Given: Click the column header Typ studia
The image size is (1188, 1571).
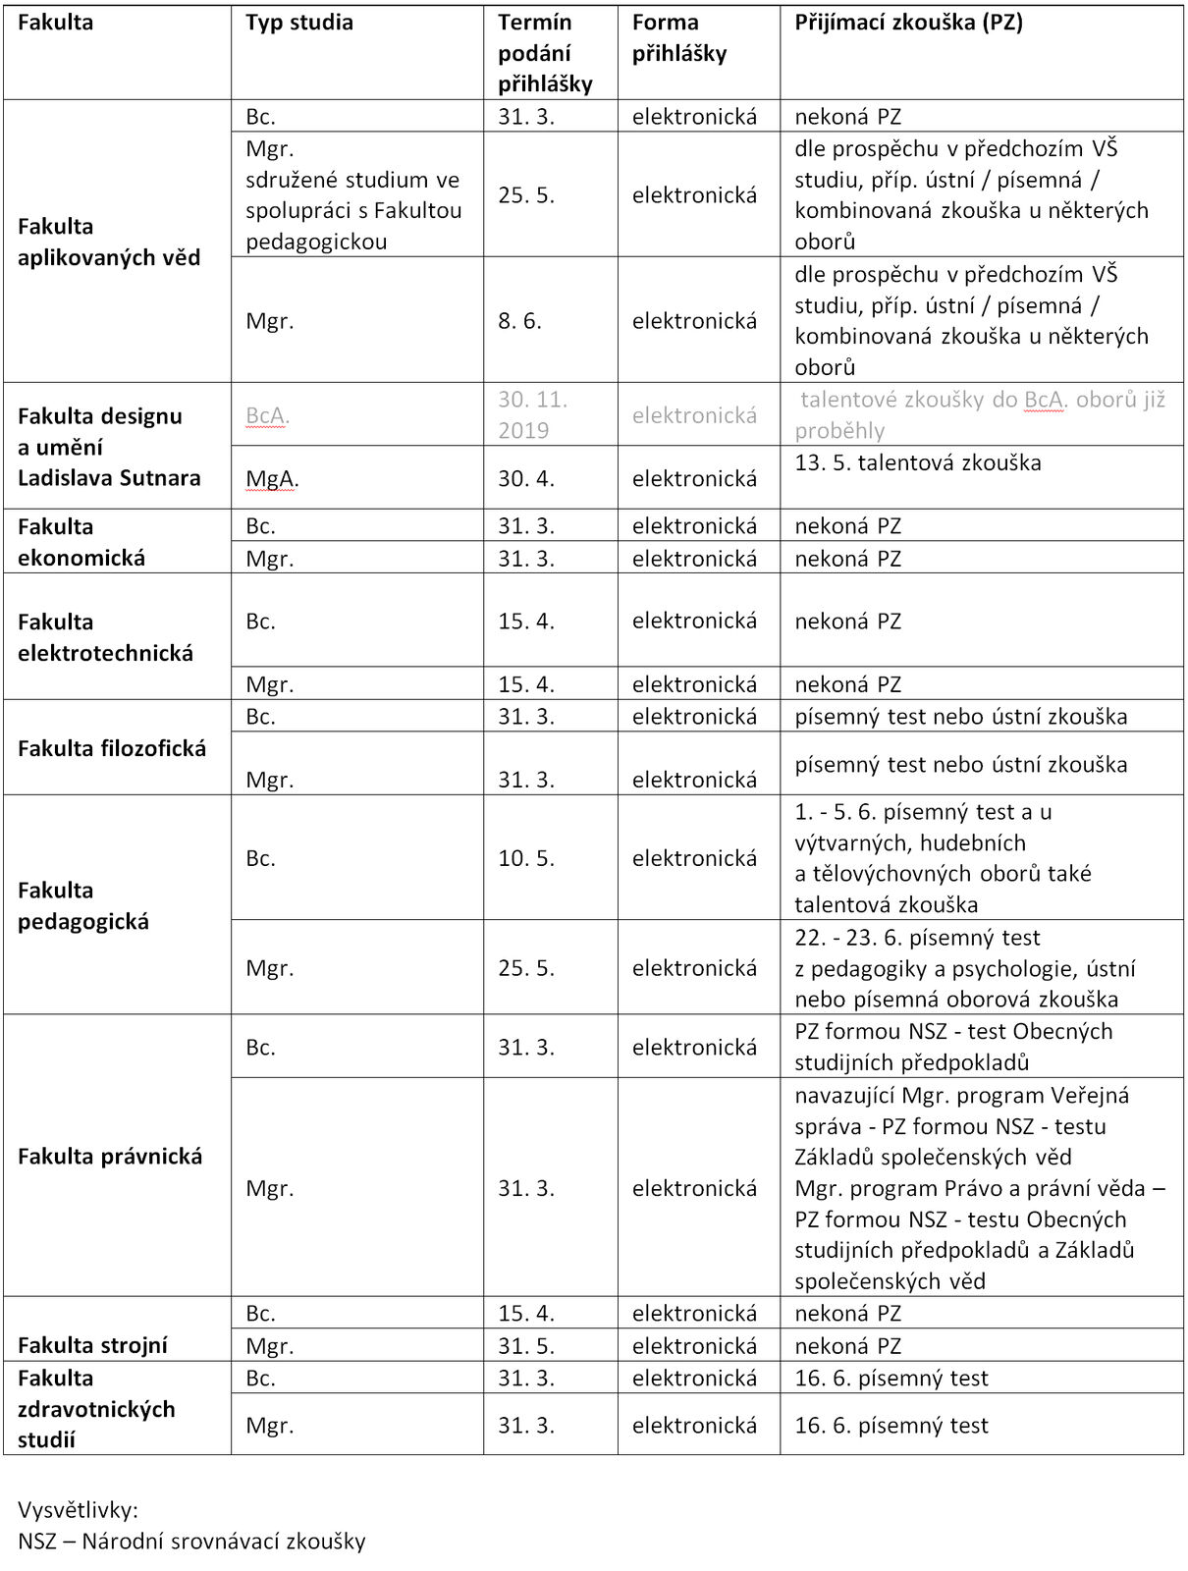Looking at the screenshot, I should (299, 23).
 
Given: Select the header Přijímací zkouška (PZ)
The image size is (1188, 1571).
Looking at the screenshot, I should (908, 23).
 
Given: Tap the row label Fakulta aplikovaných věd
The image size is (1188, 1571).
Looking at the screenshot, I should (109, 242).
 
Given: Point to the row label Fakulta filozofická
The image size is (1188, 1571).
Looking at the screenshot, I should (112, 748).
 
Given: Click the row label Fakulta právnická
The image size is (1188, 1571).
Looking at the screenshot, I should (110, 1156).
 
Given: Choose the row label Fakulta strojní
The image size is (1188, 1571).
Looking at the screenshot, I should (92, 1345).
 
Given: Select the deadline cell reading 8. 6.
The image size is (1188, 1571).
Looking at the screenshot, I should (519, 321).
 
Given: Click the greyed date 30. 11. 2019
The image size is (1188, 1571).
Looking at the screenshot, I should (533, 415).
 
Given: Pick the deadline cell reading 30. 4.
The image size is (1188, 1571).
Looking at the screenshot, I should (526, 479).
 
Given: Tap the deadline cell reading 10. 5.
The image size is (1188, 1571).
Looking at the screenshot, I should (526, 858).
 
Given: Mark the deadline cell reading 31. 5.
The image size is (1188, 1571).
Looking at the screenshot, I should (526, 1346).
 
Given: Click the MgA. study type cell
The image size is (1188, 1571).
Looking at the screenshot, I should (272, 479).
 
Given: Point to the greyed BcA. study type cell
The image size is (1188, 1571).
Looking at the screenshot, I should (267, 416).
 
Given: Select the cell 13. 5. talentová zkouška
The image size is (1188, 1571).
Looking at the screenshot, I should (918, 463).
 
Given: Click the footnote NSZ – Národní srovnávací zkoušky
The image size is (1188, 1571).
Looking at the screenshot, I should (191, 1542).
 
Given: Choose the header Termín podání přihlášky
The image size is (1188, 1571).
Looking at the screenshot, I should (545, 53).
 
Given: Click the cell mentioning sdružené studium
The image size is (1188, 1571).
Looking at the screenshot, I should (353, 195).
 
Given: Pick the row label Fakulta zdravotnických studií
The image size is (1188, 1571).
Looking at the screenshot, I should (96, 1409).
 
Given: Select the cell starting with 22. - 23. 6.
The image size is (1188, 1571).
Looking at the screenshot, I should (965, 968).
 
